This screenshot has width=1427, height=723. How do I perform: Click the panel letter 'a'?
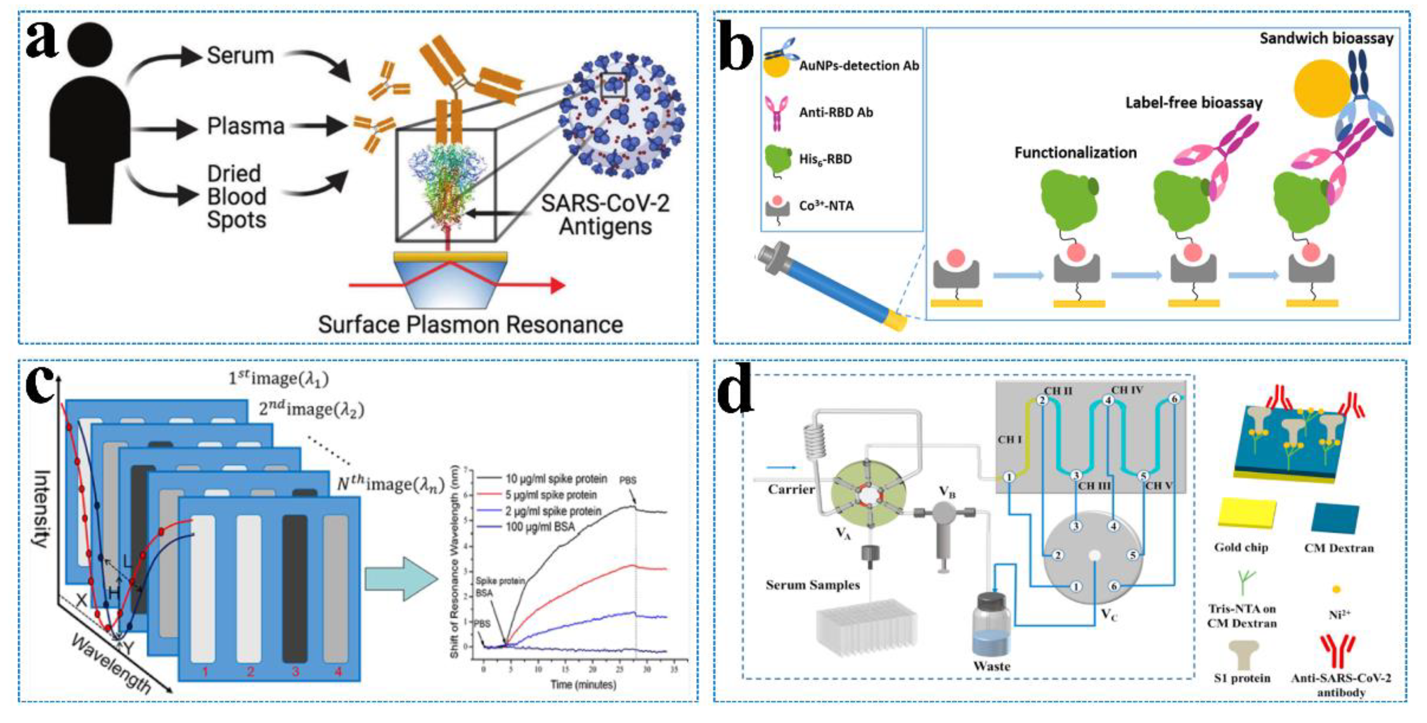pyautogui.click(x=42, y=42)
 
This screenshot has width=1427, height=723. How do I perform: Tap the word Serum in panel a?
pyautogui.click(x=240, y=55)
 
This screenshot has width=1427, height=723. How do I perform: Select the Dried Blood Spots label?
pyautogui.click(x=236, y=196)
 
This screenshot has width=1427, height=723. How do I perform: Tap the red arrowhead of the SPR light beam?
pyautogui.click(x=557, y=285)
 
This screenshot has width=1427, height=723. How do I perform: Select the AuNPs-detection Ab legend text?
pyautogui.click(x=858, y=65)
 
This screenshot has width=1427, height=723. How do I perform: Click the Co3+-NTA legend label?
pyautogui.click(x=826, y=206)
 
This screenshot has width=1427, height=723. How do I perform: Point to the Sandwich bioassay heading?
pyautogui.click(x=1326, y=38)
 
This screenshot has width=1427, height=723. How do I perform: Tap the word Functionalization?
pyautogui.click(x=1075, y=152)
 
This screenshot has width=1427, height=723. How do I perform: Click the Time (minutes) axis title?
pyautogui.click(x=583, y=684)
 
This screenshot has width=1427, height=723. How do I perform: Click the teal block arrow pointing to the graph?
pyautogui.click(x=401, y=578)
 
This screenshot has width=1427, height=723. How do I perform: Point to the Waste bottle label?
pyautogui.click(x=991, y=666)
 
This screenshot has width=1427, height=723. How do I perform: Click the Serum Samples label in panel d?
pyautogui.click(x=812, y=585)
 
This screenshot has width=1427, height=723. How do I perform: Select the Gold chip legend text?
pyautogui.click(x=1241, y=547)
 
